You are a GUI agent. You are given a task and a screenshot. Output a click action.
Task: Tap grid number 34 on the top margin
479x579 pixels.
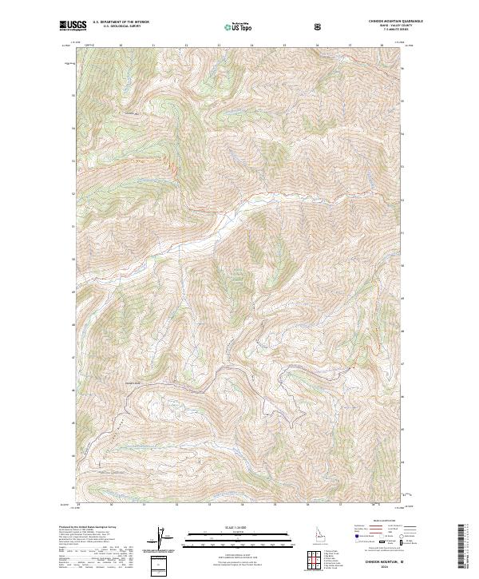251,46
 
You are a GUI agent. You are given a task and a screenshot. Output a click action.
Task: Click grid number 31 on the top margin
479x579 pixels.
152,46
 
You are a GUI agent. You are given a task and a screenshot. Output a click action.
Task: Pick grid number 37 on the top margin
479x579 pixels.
350,46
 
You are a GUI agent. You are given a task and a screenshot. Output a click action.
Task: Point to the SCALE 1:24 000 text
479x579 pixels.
228,527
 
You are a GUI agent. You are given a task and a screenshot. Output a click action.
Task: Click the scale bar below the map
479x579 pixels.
228,540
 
